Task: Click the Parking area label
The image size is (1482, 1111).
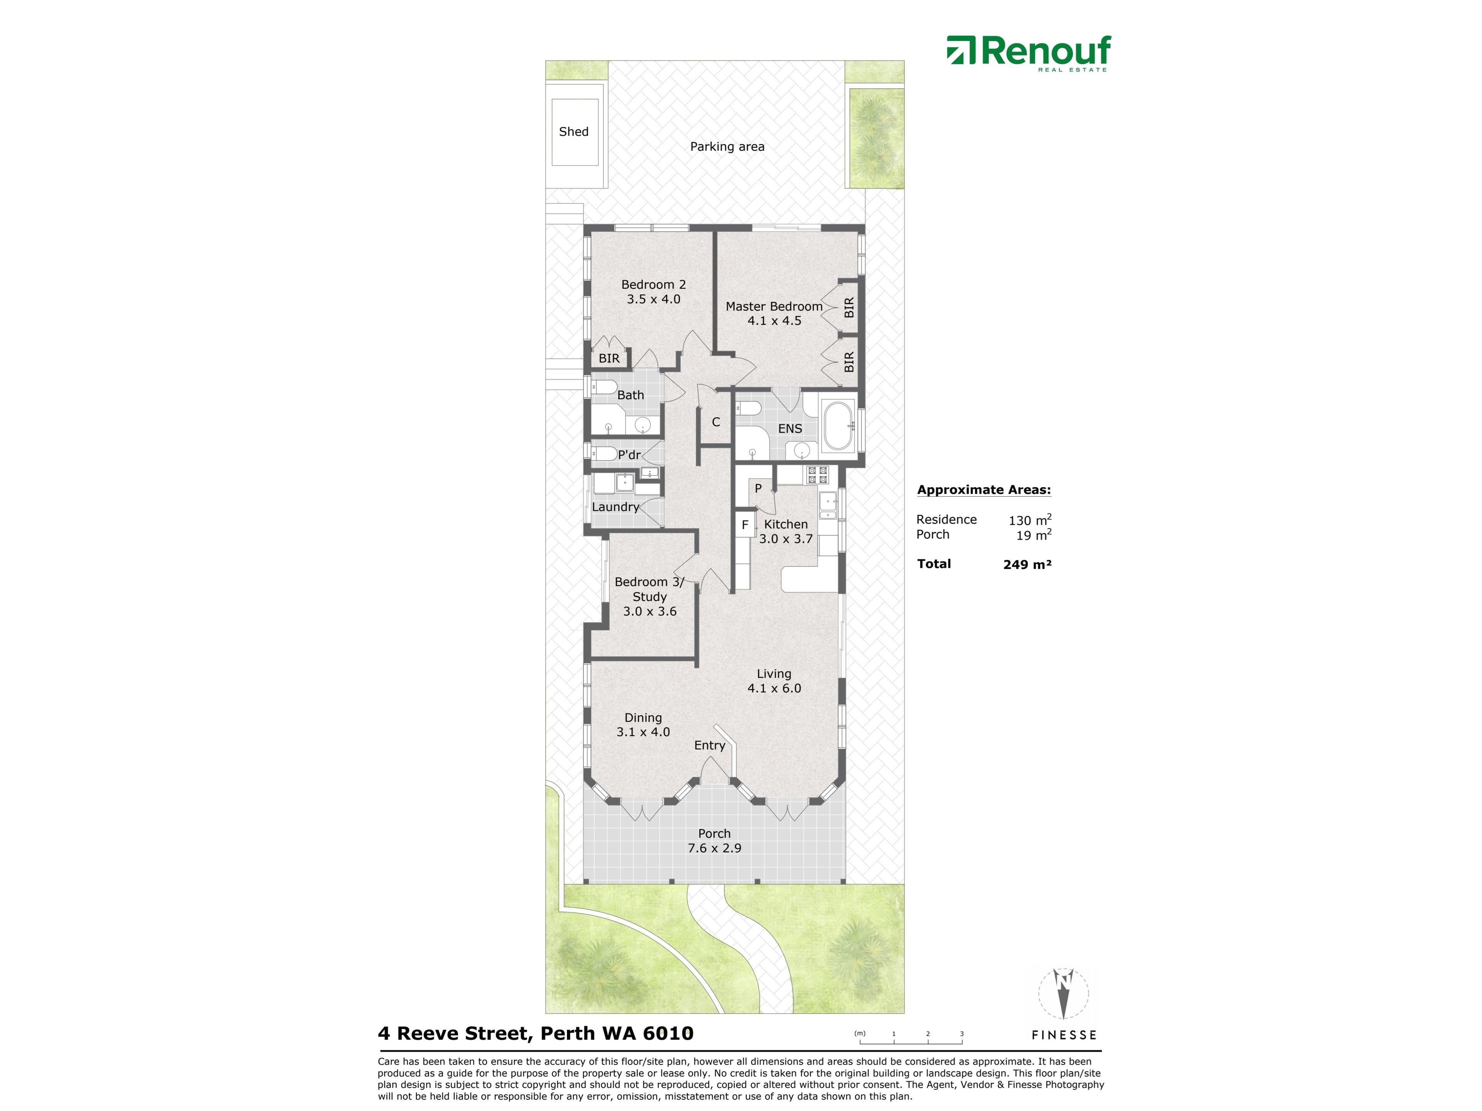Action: click(x=727, y=147)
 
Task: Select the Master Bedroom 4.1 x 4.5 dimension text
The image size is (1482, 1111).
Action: click(x=774, y=321)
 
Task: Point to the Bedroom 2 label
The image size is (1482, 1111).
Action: click(x=653, y=285)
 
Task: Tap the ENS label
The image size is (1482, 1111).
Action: click(x=790, y=429)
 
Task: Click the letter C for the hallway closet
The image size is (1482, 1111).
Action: click(x=716, y=422)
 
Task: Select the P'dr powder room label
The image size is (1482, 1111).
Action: click(x=629, y=455)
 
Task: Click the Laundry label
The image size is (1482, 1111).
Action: click(x=615, y=507)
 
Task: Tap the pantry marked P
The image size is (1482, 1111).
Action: click(x=758, y=488)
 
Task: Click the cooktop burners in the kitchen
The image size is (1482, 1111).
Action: click(x=817, y=475)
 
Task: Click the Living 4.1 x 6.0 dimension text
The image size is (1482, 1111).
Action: click(x=774, y=689)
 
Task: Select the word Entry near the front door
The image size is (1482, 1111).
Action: click(x=709, y=745)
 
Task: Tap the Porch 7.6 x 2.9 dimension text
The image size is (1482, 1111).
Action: click(x=714, y=848)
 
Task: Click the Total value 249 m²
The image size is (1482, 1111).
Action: click(x=1027, y=564)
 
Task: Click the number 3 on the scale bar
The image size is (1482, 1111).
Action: click(x=961, y=1033)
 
